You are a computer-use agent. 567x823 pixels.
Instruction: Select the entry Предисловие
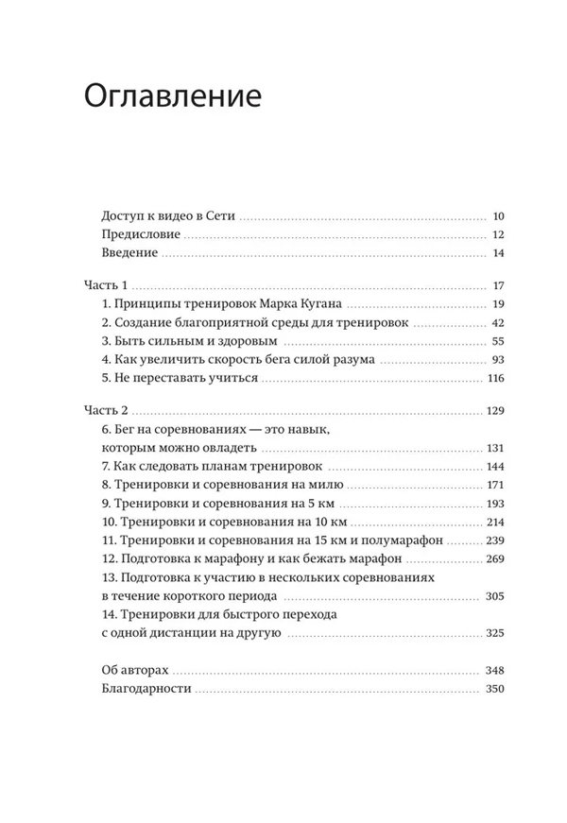tap(141, 234)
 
